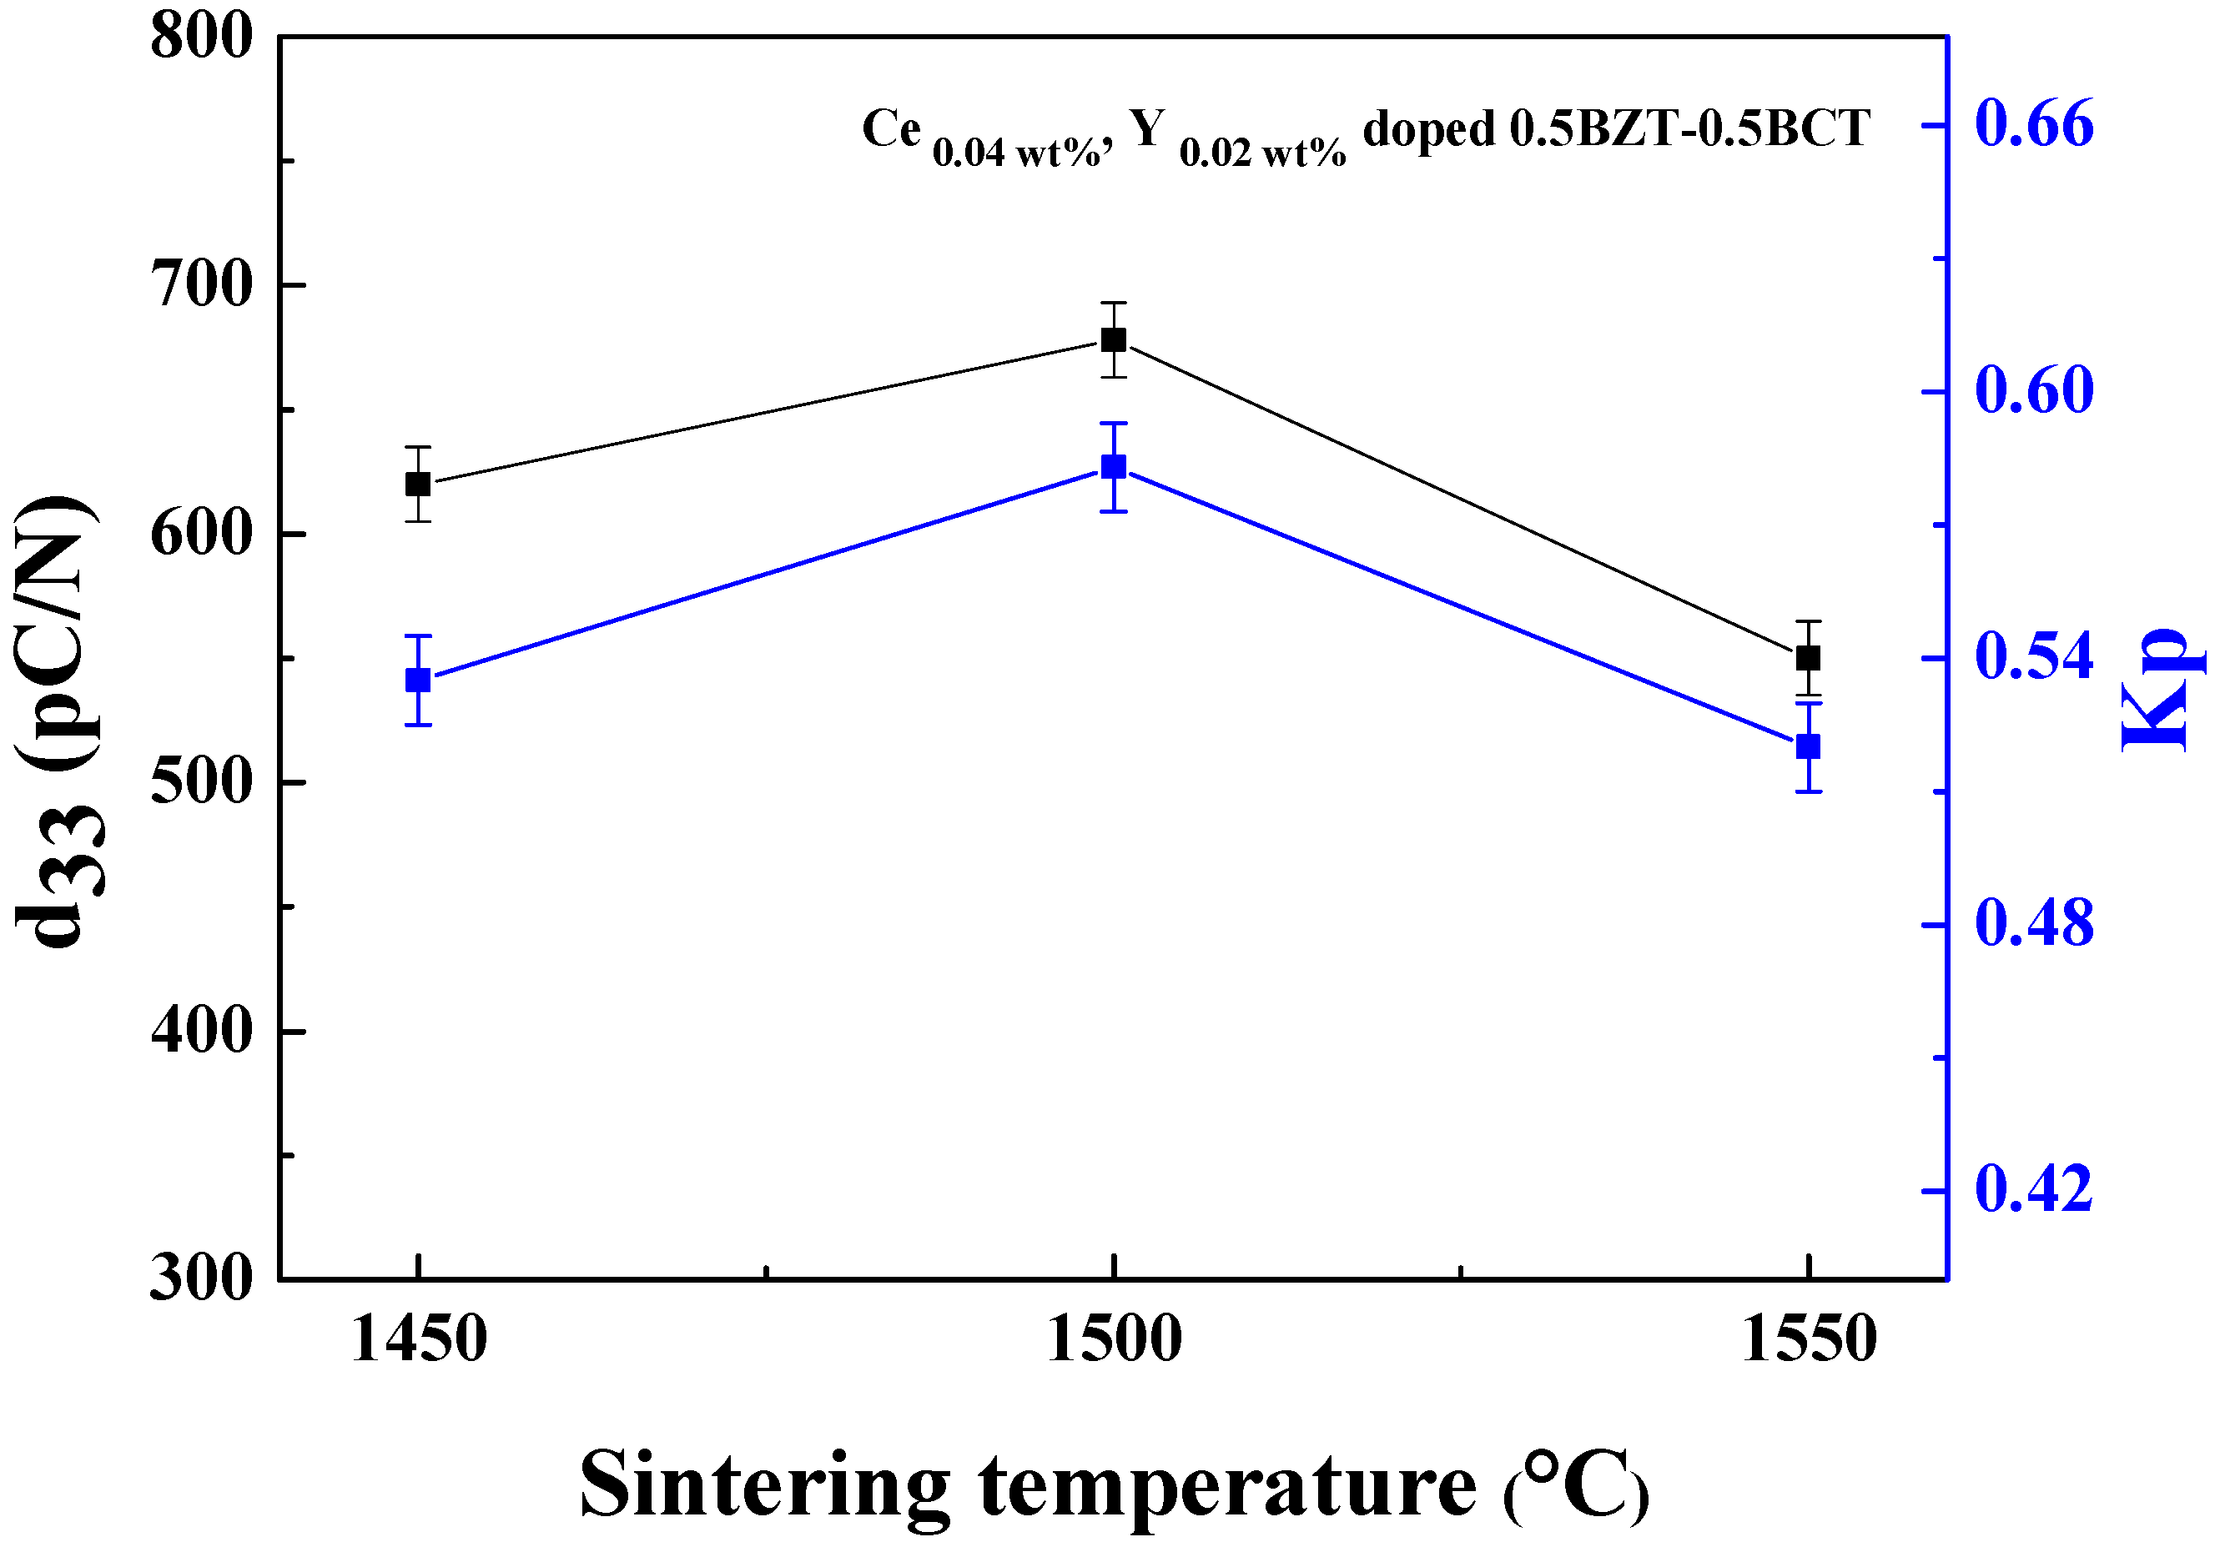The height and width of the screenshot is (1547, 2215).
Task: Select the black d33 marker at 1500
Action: (x=1113, y=339)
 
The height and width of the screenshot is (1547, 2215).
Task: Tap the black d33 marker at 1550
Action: (x=1808, y=659)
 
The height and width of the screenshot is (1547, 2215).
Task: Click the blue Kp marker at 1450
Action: (x=418, y=680)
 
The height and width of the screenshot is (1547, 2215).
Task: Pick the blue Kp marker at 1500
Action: (x=1113, y=467)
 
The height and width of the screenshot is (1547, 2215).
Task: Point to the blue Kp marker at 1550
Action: (x=1808, y=746)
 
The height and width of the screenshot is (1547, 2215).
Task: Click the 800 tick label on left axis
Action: (x=202, y=38)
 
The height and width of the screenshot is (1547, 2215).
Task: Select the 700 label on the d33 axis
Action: (x=202, y=285)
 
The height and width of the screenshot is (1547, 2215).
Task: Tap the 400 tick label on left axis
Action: (x=202, y=1031)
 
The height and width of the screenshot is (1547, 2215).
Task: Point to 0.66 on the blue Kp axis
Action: (x=2034, y=125)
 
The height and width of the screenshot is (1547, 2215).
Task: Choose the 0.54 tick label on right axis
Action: (x=2034, y=658)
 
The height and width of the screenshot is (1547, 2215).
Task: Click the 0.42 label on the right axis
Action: (x=2034, y=1190)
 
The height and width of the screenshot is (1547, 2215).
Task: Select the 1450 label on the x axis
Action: (x=419, y=1341)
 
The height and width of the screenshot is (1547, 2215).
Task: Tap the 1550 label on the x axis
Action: (x=1809, y=1341)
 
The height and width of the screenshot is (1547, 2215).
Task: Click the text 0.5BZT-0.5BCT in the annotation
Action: (x=1689, y=128)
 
